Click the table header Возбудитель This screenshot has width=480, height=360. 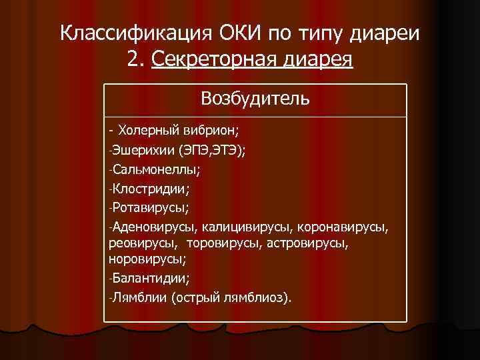pos(255,99)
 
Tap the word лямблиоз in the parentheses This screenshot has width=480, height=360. pos(257,297)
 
